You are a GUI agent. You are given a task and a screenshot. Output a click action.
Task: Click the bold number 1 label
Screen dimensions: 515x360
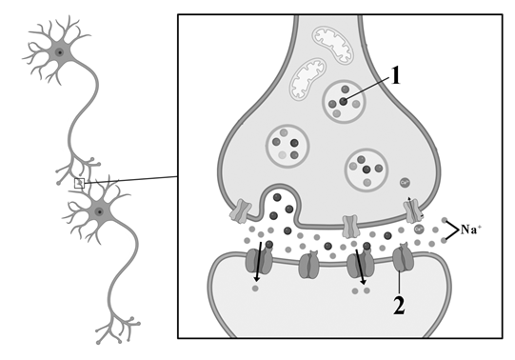[x=396, y=75]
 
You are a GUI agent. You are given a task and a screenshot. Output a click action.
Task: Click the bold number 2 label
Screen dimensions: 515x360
[x=399, y=306]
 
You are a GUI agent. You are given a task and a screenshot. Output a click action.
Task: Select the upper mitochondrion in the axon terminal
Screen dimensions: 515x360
[x=333, y=45]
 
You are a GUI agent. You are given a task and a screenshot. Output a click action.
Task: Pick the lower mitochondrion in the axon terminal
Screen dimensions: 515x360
[x=307, y=78]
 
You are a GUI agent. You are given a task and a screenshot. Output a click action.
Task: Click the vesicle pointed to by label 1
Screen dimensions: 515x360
[x=344, y=102]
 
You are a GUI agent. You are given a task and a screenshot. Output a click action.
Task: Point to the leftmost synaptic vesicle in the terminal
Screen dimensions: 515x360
[x=287, y=146]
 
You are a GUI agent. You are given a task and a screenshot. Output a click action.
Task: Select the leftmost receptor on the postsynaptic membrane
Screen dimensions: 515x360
[x=259, y=261]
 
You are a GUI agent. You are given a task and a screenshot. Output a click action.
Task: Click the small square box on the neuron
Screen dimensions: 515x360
[x=79, y=183]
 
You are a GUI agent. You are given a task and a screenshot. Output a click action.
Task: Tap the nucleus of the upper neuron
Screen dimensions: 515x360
[x=59, y=51]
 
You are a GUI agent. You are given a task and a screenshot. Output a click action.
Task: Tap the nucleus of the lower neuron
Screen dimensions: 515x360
[x=99, y=211]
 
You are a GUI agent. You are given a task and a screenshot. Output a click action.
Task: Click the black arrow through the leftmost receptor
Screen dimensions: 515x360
[x=258, y=262]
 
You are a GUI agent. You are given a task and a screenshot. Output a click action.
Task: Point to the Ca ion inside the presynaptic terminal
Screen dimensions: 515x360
[x=405, y=182]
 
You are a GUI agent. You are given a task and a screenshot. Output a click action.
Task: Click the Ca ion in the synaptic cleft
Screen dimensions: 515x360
[x=419, y=229]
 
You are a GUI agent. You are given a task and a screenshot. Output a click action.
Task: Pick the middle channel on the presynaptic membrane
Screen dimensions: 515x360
[x=349, y=226]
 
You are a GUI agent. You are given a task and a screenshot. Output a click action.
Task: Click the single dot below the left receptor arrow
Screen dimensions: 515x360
[x=255, y=289]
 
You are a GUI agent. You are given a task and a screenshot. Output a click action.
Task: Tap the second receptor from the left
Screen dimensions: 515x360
[x=309, y=265]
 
